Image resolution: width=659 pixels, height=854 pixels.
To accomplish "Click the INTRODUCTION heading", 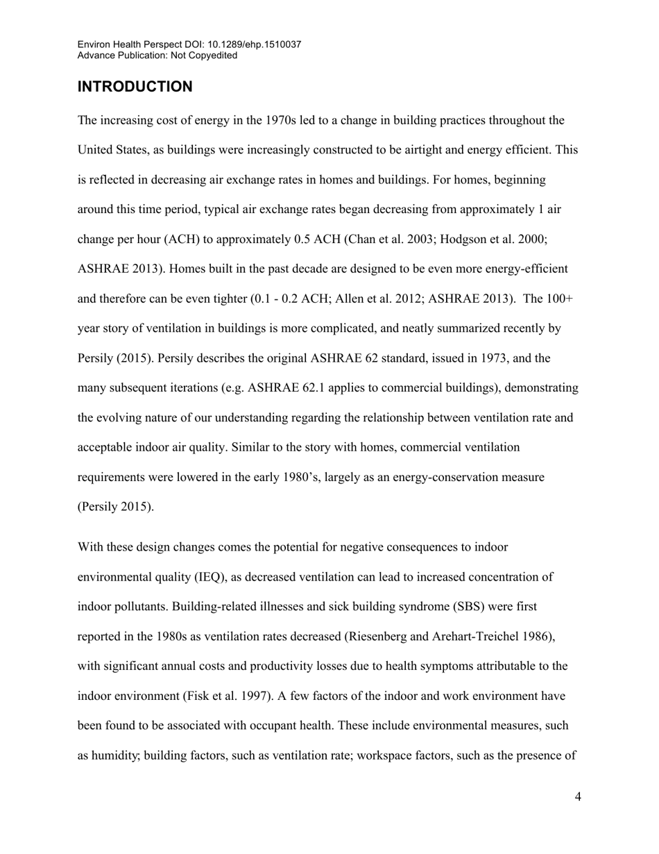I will click(135, 87).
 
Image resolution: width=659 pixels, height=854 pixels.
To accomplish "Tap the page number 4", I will click(578, 797).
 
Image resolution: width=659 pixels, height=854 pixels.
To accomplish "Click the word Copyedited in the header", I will click(213, 55).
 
